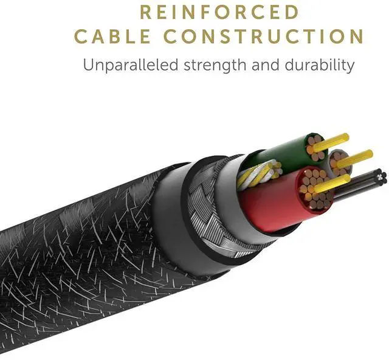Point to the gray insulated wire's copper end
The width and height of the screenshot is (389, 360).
[x=338, y=162]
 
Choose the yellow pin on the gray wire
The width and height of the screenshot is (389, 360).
[x=359, y=155]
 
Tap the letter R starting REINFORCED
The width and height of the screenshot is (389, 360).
[x=146, y=12]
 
